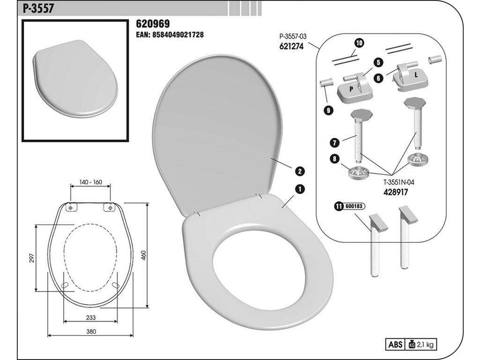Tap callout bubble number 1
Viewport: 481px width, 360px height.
click(x=299, y=188)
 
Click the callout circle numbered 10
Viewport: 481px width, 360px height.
click(x=359, y=43)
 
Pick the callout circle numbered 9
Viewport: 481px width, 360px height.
click(x=328, y=110)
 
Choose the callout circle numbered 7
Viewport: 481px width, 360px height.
click(x=333, y=141)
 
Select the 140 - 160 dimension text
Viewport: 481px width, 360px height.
click(x=90, y=181)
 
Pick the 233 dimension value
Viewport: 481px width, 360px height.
click(x=91, y=317)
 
